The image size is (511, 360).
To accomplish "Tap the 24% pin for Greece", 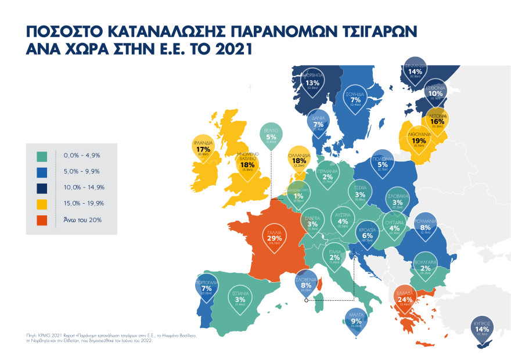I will [x=405, y=298].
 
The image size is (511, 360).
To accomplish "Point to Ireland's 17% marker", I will [x=203, y=149].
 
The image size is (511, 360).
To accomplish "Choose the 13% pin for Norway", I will [x=312, y=83].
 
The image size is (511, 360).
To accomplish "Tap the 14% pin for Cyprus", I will [x=481, y=329].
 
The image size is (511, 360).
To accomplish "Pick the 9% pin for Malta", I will [x=357, y=321].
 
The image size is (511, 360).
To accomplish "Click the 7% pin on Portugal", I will [x=206, y=288].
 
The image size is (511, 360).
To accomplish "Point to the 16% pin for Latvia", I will [x=437, y=121].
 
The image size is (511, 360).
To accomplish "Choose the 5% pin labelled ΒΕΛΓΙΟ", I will [x=271, y=136].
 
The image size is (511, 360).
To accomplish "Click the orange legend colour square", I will [x=42, y=220].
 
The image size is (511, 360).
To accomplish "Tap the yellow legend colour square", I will [x=42, y=204].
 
